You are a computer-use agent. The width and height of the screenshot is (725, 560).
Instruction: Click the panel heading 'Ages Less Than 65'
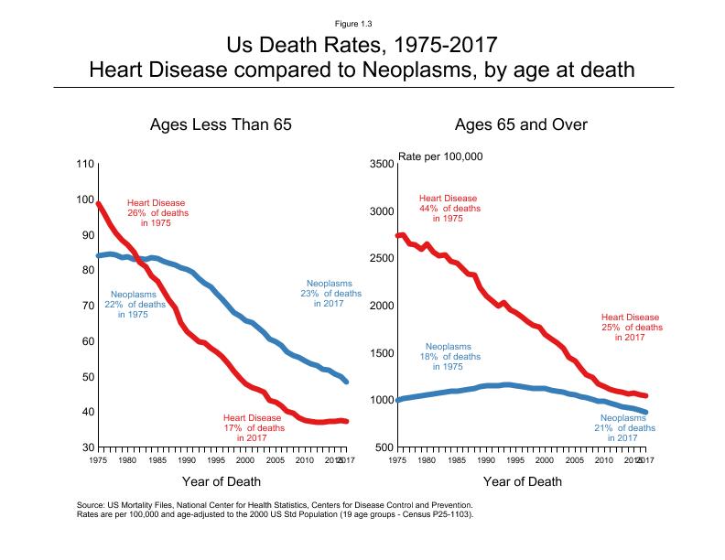(x=221, y=124)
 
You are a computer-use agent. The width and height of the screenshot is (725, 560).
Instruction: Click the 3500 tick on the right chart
(x=381, y=164)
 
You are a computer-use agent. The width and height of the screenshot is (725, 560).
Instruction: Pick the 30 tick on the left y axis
(x=85, y=447)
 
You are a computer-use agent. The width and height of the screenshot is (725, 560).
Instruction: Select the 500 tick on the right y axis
(x=384, y=447)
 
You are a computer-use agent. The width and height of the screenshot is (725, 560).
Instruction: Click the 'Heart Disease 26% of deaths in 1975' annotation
(x=157, y=212)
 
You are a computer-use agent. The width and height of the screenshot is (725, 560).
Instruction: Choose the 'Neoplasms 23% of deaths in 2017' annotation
(x=333, y=293)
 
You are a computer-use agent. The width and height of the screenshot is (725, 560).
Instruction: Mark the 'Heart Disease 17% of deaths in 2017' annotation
(x=252, y=427)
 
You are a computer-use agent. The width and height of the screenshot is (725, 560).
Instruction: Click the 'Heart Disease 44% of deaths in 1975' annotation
(x=449, y=209)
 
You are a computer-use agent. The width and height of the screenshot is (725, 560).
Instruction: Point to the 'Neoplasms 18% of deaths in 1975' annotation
(x=449, y=356)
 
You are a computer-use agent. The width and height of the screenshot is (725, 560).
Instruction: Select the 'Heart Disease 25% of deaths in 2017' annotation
(x=631, y=327)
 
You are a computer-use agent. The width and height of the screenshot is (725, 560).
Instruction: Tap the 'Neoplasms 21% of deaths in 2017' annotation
(x=627, y=427)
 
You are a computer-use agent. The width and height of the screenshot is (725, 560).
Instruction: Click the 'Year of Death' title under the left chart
(x=222, y=481)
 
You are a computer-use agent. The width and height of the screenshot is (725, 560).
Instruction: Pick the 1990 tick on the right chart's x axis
(x=485, y=460)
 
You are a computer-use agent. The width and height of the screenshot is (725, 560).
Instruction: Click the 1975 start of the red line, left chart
(x=99, y=204)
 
